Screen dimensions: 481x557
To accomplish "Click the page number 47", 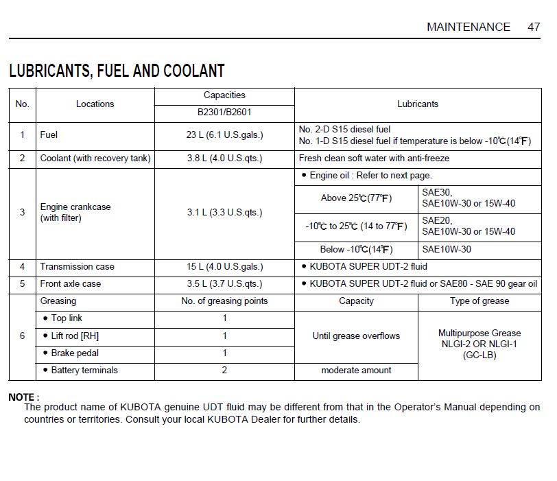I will (x=534, y=27).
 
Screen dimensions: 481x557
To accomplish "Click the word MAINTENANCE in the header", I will (x=469, y=27).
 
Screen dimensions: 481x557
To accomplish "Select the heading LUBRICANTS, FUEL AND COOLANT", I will (x=117, y=71).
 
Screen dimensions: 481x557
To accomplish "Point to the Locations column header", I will (x=95, y=104).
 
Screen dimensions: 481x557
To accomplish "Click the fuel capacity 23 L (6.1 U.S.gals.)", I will (x=224, y=135).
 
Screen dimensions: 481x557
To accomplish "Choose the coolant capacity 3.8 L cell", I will (x=224, y=159).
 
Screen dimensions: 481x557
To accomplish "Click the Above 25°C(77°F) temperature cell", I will (x=356, y=198).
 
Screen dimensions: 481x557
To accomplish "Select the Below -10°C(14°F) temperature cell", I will (x=356, y=250).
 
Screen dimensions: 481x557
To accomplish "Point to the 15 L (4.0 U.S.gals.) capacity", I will (x=224, y=267).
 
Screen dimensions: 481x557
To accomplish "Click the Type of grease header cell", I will (x=479, y=301).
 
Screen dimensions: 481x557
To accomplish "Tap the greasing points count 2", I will (x=224, y=371).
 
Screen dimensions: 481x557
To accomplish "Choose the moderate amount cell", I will (x=356, y=371).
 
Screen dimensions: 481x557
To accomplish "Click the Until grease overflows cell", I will (x=356, y=336).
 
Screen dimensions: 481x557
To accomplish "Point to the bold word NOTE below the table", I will (x=23, y=397).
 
